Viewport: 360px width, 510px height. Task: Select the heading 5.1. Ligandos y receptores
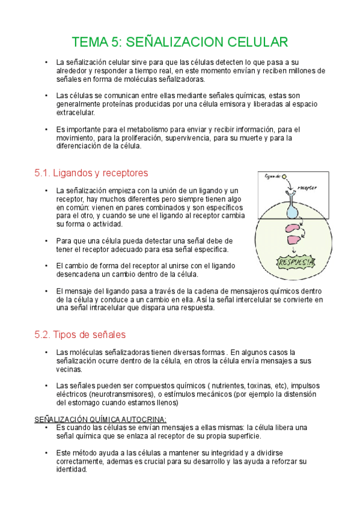91,173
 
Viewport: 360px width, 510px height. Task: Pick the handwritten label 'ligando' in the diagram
272,176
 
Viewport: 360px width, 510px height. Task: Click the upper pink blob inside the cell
293,229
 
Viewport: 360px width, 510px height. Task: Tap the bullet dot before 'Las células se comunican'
46,95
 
